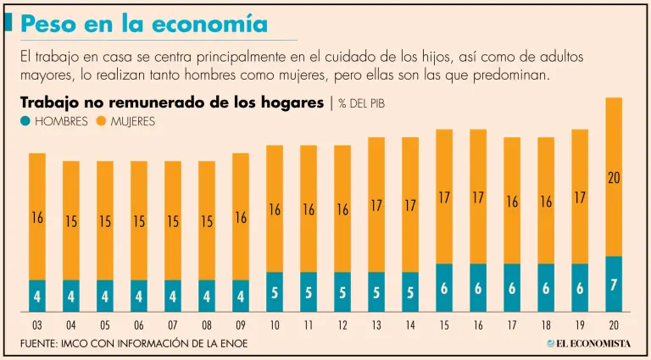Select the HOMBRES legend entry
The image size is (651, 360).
pos(55,121)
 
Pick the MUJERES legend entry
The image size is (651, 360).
pos(128,121)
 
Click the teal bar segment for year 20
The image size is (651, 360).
pos(614,284)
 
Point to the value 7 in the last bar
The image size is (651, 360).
pos(614,286)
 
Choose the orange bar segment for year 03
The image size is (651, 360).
pos(37,216)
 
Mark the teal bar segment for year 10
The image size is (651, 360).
pos(275,292)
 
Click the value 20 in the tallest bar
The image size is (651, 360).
pos(614,178)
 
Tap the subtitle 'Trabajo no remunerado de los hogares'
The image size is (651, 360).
pos(173,102)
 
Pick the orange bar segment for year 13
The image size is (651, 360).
pos(376,204)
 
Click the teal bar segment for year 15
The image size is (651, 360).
pos(444,288)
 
